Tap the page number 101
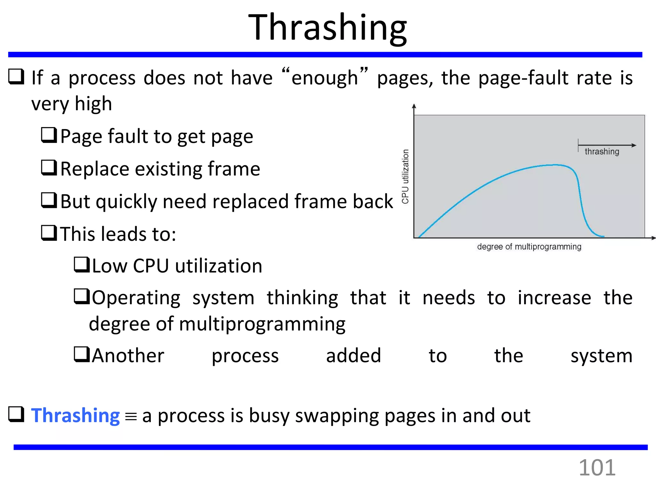click(x=597, y=468)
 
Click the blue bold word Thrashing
click(x=75, y=415)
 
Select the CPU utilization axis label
click(x=406, y=176)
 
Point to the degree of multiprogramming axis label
click(x=529, y=247)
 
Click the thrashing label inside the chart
click(x=602, y=152)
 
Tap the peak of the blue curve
click(x=556, y=165)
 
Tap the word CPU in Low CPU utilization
click(x=151, y=266)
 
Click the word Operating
click(x=136, y=298)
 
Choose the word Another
click(x=128, y=356)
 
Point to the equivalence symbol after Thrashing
click(x=131, y=417)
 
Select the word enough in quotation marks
click(x=324, y=78)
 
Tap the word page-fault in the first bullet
click(x=524, y=78)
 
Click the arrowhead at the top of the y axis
click(x=414, y=106)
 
